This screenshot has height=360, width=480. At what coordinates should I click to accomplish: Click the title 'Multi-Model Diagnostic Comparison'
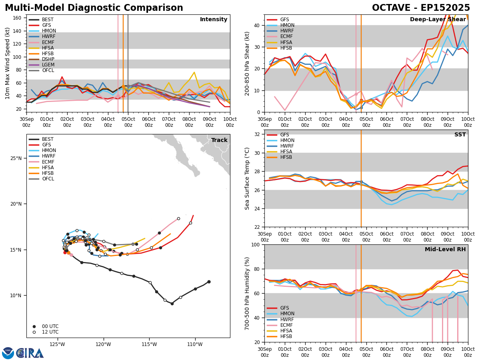[x=94, y=8]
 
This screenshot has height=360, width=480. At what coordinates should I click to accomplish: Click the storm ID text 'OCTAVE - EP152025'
[x=421, y=8]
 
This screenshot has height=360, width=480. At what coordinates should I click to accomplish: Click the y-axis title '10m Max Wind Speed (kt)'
[x=8, y=63]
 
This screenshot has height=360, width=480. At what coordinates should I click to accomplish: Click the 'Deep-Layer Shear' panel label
[x=438, y=20]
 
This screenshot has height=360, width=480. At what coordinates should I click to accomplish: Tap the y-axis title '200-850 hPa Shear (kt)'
[x=247, y=63]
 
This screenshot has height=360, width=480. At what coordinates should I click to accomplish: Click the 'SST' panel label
[x=460, y=135]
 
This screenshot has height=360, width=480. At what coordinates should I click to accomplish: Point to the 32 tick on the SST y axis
[x=258, y=134]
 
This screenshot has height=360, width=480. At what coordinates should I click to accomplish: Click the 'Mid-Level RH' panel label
[x=445, y=250]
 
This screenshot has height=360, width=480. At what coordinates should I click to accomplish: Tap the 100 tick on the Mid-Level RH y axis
[x=256, y=244]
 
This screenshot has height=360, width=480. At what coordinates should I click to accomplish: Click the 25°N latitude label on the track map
[x=16, y=158]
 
